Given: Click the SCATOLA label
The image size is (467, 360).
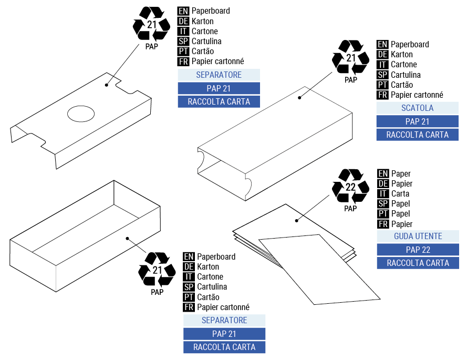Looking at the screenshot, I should pos(417,108).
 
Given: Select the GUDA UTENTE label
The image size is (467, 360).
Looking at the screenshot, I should pos(418,236).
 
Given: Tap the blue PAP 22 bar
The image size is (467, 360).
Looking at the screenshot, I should pos(418,250).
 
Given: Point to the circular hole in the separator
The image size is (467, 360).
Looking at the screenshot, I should pos(82,113).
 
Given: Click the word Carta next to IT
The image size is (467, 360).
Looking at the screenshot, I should pos(401,194).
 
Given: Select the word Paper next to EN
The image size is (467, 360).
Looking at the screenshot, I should pos(401,174).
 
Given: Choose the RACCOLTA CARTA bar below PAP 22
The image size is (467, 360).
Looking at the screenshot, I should pos(418,263).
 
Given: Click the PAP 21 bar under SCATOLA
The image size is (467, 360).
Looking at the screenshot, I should pos(417,121).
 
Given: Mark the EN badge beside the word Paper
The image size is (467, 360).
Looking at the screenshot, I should pos(383,174).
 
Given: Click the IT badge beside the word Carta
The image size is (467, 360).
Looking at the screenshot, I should pos(383,194).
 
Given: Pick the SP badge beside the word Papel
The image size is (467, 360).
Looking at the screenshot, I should pos(383,204).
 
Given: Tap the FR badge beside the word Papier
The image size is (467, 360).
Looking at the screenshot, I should pos(383,224).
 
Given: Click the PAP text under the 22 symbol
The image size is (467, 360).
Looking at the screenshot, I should pos(350,209).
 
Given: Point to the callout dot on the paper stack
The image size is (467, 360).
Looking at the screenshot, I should pos(297,221).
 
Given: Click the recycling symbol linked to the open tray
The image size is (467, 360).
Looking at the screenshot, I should pos(157,270).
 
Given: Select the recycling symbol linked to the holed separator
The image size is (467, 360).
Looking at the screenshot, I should pos(151,24).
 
